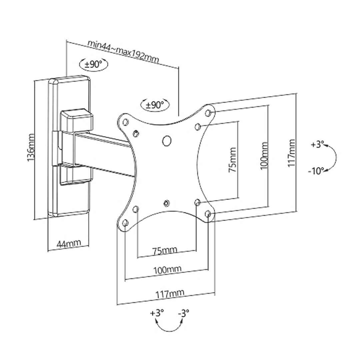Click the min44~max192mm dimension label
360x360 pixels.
(123, 51)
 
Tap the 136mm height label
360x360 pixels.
(31, 147)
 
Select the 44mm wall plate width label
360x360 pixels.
(69, 243)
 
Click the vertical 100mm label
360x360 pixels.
(264, 156)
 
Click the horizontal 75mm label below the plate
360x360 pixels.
(165, 250)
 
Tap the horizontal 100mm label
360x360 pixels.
(167, 270)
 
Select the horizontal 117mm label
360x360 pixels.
(170, 294)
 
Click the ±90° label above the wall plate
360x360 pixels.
(93, 65)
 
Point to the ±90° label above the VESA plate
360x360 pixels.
(155, 105)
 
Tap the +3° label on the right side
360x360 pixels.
(317, 145)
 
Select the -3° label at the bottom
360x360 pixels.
(184, 313)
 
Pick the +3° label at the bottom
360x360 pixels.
(157, 313)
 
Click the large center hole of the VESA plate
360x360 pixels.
(167, 141)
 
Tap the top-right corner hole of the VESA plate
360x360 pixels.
(208, 113)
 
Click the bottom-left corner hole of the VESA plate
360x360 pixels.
(125, 223)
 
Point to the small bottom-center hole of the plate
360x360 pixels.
(166, 203)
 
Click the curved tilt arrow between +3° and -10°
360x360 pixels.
(336, 158)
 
